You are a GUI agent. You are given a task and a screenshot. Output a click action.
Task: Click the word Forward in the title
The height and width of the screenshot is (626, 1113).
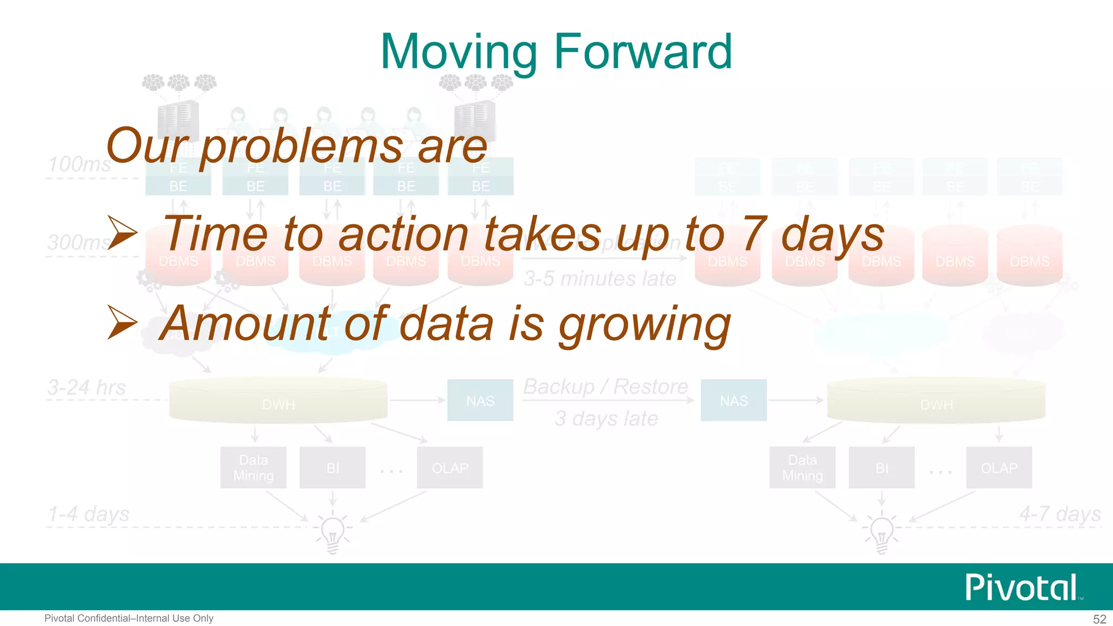click(x=643, y=52)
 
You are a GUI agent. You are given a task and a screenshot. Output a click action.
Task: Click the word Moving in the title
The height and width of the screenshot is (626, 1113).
click(x=459, y=53)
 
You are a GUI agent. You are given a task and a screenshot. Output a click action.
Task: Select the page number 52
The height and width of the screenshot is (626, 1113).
click(x=1099, y=619)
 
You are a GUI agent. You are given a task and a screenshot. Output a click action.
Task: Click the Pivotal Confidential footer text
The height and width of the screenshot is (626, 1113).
click(x=129, y=618)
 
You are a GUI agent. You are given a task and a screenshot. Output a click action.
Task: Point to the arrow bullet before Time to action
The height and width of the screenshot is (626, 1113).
click(x=122, y=233)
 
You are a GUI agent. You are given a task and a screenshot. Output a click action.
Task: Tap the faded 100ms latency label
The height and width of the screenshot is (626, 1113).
click(x=80, y=164)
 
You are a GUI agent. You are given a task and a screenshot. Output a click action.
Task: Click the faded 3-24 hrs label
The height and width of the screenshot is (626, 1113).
click(x=86, y=387)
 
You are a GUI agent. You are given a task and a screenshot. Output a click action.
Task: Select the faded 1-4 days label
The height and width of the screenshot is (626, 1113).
click(x=89, y=514)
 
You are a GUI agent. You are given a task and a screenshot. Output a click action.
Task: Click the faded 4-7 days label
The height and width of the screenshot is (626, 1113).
click(x=1059, y=514)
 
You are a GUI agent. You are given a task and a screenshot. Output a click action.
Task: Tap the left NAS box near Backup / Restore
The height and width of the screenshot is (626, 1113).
click(x=480, y=400)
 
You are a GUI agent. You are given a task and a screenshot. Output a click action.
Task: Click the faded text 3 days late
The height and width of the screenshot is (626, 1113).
click(x=606, y=418)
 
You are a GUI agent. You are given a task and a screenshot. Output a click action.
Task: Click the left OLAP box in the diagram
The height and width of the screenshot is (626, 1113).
click(x=449, y=468)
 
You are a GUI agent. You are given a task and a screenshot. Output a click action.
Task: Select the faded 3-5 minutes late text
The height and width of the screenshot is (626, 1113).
click(x=599, y=279)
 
